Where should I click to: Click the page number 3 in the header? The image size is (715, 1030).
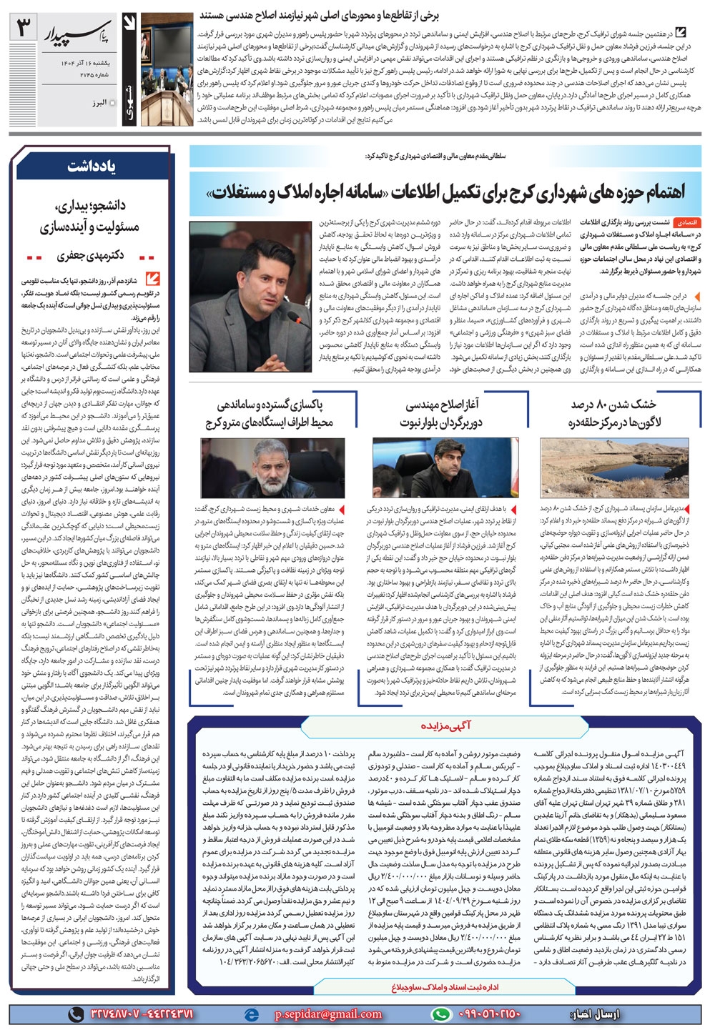point(23,29)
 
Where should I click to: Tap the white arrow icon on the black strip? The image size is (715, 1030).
point(129,25)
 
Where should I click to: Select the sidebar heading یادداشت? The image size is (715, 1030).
point(92,167)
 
